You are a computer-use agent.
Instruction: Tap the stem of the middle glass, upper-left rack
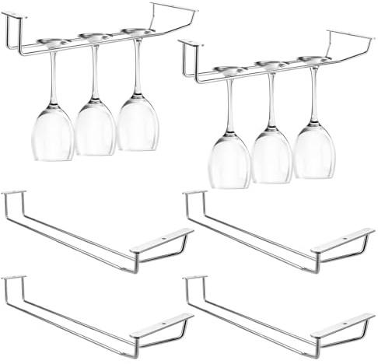coord(95,74)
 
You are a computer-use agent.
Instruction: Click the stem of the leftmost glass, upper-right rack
coord(229,105)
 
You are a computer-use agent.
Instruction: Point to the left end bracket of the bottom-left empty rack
coord(13,279)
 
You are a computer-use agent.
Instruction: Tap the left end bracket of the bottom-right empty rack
coord(195,279)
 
